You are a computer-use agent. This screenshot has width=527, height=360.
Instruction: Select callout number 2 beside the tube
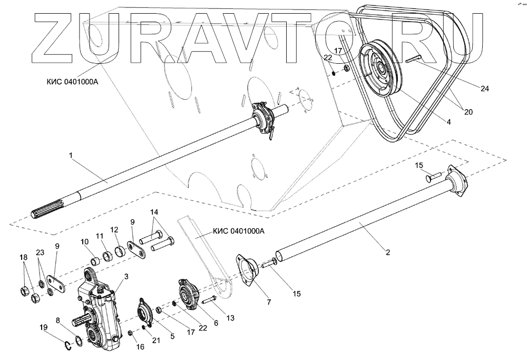point(387,252)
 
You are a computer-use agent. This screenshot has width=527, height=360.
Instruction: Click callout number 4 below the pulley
point(448,122)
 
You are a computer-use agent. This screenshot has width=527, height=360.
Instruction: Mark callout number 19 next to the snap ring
point(44,327)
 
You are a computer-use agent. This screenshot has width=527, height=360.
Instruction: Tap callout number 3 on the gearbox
point(126,276)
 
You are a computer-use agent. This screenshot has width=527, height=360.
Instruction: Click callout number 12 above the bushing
point(114,230)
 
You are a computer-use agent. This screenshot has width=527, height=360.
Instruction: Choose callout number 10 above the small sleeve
point(84,242)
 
